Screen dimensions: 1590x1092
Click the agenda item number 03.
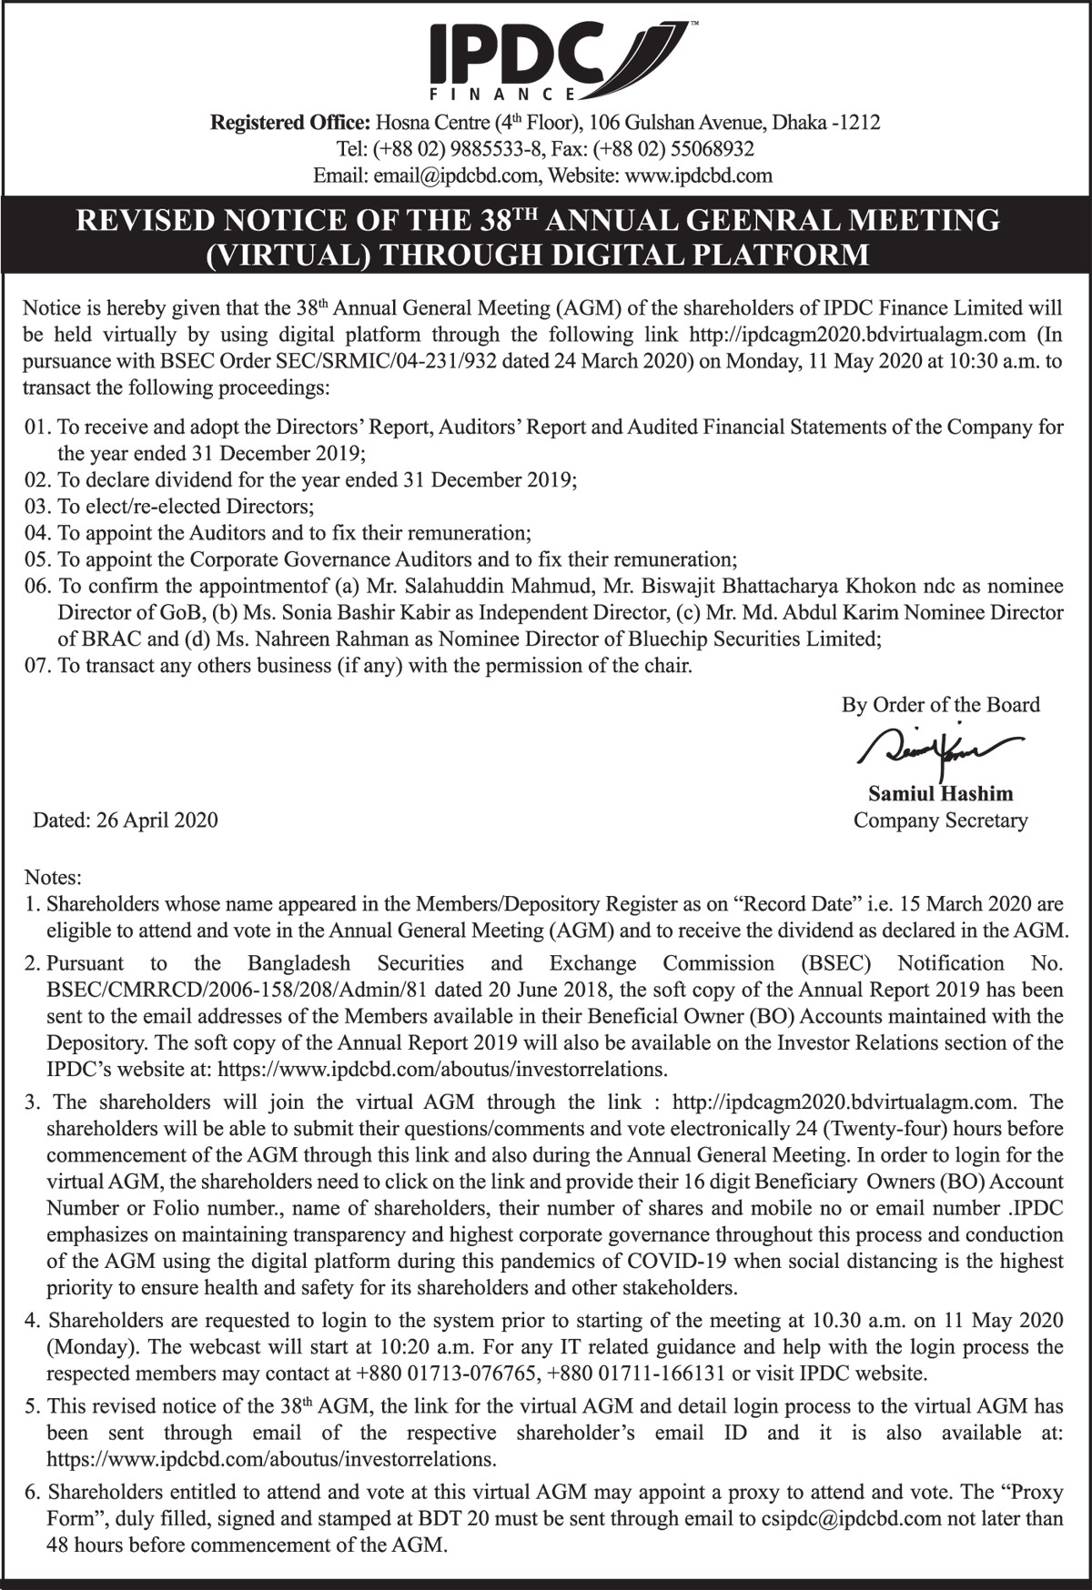coord(36,506)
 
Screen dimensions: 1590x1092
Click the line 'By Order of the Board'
coord(940,705)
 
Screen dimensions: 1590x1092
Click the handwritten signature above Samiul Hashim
coord(937,748)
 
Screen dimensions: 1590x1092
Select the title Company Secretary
coord(940,820)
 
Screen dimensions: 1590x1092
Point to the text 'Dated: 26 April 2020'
coord(126,820)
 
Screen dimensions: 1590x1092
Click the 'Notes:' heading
coord(53,878)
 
